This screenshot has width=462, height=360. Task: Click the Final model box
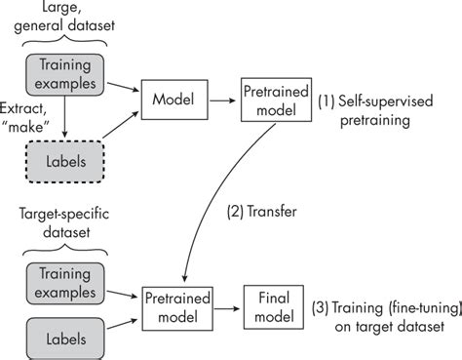click(268, 305)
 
